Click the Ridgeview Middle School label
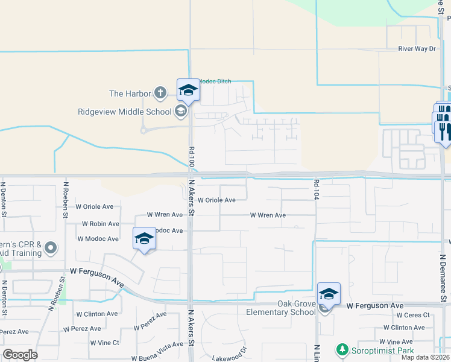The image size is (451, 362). coord(125,111)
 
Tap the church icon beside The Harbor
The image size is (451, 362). coord(160,93)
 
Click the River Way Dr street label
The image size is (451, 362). coord(416,49)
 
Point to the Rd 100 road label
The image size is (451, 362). coord(192,156)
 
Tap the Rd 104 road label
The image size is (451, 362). coord(316,189)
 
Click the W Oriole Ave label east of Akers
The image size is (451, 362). coord(216,200)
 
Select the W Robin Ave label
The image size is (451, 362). coord(101,223)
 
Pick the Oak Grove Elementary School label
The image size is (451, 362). coord(280,308)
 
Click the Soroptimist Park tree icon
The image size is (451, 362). coord(342,349)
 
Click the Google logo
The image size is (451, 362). coord(20,354)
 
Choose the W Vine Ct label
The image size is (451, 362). coord(105,343)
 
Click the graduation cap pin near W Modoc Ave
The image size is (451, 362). coord(145,239)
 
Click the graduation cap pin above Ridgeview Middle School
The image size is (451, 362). coord(188,91)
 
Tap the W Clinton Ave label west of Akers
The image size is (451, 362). coord(97,314)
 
